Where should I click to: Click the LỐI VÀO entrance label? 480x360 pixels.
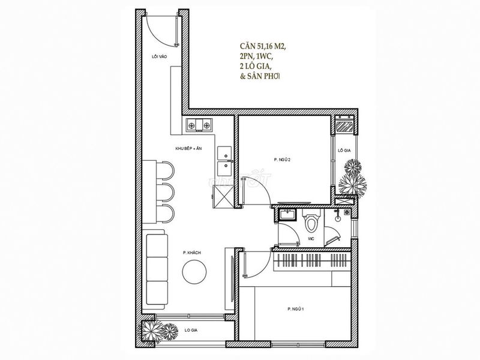click(159, 56)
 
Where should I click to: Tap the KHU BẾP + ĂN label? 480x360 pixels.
click(188, 148)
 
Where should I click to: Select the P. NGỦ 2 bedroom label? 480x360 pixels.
click(282, 160)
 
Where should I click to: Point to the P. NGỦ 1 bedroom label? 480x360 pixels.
click(295, 309)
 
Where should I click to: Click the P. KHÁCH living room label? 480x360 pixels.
click(192, 253)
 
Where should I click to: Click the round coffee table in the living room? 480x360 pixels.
click(194, 272)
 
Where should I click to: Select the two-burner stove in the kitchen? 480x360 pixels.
click(199, 125)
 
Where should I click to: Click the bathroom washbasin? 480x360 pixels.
click(287, 214)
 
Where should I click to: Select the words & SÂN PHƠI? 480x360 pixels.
click(260, 76)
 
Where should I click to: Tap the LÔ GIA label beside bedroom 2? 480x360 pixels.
click(344, 151)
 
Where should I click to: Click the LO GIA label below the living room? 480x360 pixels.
click(191, 331)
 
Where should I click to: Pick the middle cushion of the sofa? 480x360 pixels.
click(157, 269)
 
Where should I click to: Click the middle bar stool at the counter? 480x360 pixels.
click(166, 193)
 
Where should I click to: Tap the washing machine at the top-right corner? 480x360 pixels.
click(344, 125)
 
